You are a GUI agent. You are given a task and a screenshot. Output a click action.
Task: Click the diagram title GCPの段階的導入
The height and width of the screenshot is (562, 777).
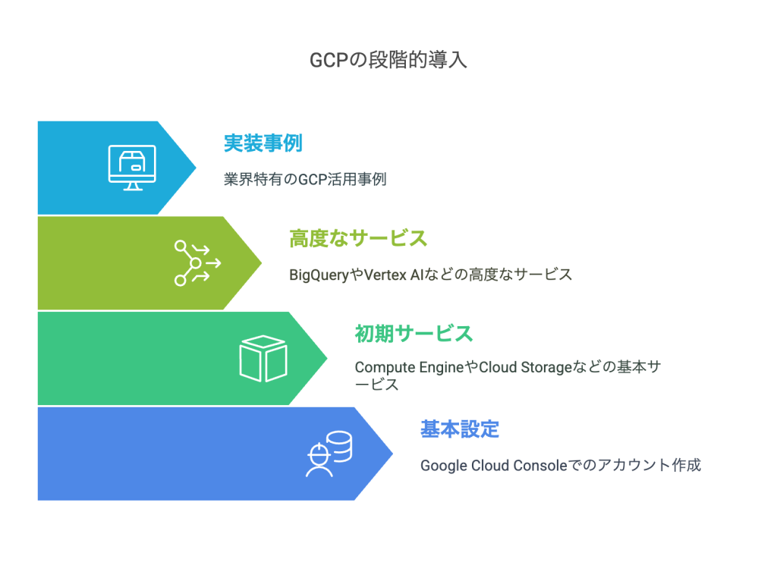tap(388, 61)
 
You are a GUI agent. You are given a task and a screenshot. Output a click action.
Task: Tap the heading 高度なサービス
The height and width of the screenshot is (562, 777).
tap(358, 238)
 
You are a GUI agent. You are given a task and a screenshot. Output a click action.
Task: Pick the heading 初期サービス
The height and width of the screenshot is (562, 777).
tap(414, 334)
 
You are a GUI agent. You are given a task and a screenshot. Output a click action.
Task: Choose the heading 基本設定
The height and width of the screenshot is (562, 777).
tap(460, 429)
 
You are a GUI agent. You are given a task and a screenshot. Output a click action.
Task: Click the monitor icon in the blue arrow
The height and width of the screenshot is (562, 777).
tap(132, 168)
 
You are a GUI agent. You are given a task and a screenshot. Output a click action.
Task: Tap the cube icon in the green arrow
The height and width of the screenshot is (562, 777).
tap(263, 358)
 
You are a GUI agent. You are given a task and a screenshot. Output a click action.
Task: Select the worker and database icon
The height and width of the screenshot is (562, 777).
tap(329, 454)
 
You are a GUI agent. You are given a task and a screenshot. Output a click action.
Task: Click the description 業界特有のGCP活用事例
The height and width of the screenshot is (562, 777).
tap(305, 179)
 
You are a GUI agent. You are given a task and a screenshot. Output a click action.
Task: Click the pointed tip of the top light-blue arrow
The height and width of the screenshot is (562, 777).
tap(195, 168)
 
